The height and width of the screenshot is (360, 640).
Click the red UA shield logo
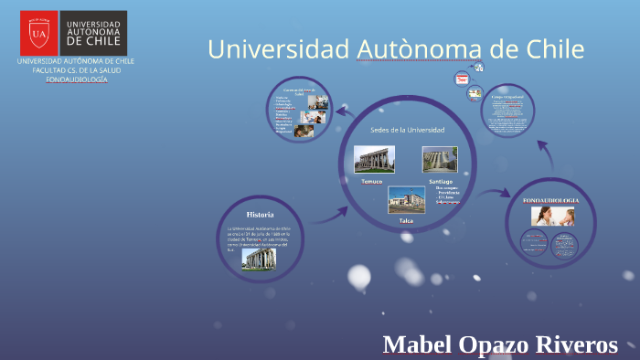[38, 34]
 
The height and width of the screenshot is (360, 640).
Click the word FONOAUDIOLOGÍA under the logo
[77, 79]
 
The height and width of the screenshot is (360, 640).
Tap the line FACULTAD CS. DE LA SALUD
[77, 70]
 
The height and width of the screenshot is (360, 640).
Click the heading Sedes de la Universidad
[407, 130]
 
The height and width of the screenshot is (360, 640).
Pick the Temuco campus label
[371, 182]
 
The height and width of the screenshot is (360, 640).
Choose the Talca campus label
[406, 221]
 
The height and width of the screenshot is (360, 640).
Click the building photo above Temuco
[374, 159]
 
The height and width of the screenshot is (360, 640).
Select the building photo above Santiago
[439, 159]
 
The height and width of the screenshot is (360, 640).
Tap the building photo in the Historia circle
[258, 259]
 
